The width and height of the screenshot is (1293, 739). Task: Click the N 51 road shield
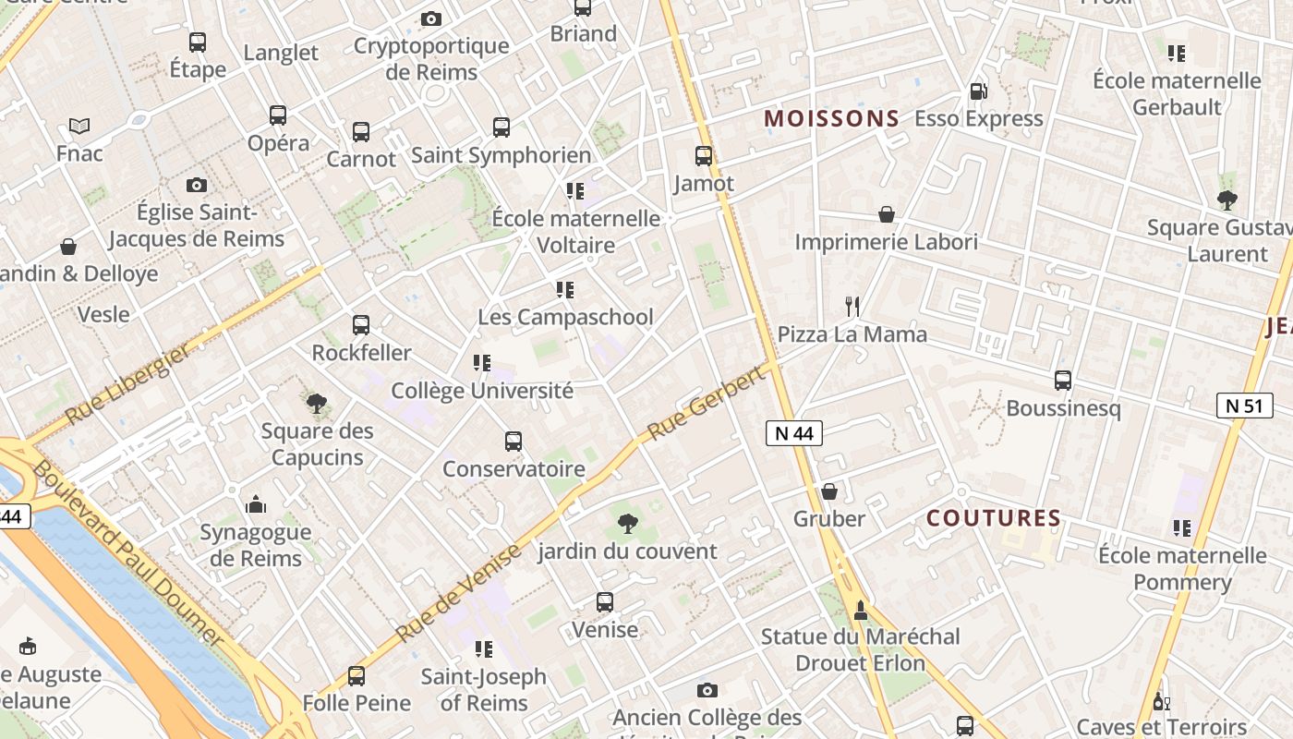1244,406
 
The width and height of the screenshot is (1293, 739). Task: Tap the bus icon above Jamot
704,156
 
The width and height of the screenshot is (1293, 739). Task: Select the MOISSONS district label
832,118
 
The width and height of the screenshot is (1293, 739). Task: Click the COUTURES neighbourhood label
994,518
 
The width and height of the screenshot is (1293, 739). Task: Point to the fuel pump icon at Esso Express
978,91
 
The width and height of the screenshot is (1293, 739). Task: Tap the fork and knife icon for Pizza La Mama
852,307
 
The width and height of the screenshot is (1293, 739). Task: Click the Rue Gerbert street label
707,403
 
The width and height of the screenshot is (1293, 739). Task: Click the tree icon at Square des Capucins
317,404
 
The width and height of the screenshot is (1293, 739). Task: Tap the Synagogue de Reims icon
256,504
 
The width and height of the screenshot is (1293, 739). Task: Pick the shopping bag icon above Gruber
829,491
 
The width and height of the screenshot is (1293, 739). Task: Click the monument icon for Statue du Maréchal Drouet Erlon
861,610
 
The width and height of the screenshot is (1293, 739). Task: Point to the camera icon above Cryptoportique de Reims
431,18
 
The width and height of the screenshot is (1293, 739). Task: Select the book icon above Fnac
79,126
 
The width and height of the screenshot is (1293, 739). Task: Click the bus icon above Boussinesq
1063,381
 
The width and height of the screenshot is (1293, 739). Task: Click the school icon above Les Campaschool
565,290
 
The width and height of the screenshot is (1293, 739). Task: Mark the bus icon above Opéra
278,115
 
